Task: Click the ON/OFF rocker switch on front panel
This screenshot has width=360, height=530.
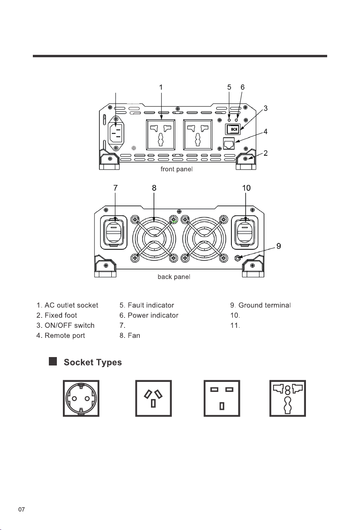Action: pos(233,129)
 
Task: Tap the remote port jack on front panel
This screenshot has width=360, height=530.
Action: pos(229,143)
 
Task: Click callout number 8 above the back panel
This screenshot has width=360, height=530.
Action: pos(154,188)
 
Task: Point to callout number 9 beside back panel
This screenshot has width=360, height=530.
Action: pos(279,246)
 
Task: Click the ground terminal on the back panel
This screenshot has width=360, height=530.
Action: pos(237,258)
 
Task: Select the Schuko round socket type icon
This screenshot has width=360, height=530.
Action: pos(81,398)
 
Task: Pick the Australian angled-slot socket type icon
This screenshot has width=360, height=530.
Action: pos(153,398)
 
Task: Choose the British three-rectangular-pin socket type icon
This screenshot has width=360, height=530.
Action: pos(222,398)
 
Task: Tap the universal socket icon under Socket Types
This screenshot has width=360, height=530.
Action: pos(288,398)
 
